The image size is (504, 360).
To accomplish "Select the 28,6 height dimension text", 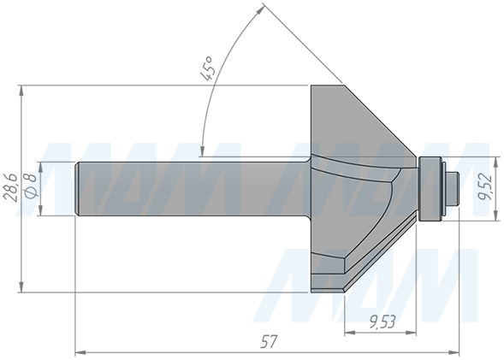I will tap(10, 186).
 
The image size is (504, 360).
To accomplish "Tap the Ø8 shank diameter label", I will tap(30, 186).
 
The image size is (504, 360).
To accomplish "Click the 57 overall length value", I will tap(269, 341).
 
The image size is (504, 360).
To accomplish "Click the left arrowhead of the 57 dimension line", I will tap(80, 351).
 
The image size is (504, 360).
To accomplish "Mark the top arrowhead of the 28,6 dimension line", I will tap(19, 90).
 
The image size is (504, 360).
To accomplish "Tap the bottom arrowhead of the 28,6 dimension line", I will tap(19, 288).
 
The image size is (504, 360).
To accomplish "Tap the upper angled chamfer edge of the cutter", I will tap(381, 120).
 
